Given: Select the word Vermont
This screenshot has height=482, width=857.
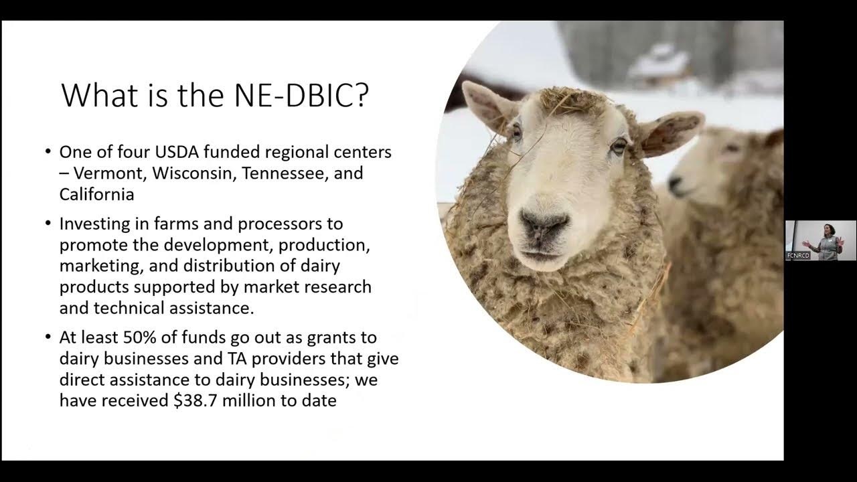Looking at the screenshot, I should click(110, 173).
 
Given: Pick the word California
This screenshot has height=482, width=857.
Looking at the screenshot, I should click(96, 194).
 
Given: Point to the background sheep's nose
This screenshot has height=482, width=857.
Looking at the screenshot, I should click(675, 183).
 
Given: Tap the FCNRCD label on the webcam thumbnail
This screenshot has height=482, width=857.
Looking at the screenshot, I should click(798, 256).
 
